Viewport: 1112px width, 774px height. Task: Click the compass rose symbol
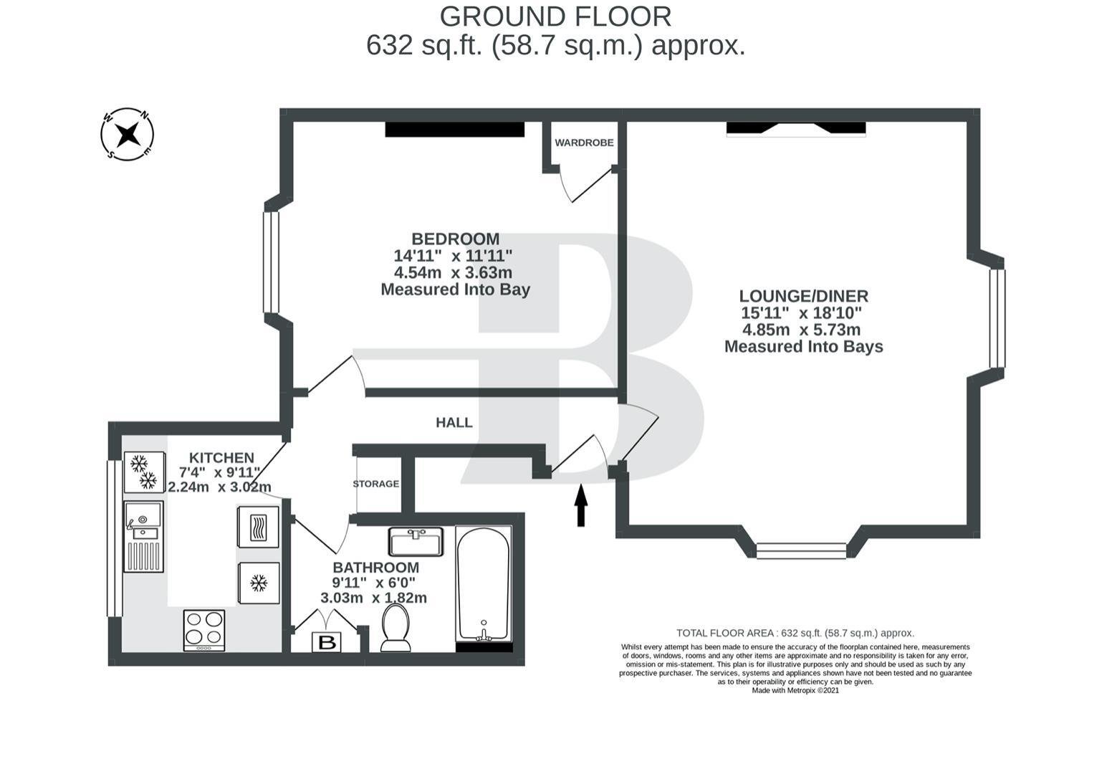(127, 134)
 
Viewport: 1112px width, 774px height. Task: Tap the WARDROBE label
(584, 143)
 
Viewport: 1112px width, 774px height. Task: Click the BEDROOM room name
(455, 239)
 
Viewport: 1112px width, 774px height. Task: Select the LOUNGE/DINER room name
(804, 296)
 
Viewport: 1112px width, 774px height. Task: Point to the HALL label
(454, 423)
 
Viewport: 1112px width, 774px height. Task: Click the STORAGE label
(375, 484)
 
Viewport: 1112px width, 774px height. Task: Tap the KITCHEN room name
(222, 457)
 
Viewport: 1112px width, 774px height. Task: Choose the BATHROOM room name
(375, 567)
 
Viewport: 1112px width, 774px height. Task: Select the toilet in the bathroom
(396, 627)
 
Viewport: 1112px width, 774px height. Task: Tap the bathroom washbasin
(416, 541)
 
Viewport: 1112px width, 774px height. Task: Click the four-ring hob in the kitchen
(204, 630)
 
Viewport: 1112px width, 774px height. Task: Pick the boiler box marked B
(327, 642)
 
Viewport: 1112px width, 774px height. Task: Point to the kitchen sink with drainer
(143, 536)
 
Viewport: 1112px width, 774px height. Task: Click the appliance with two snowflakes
(144, 472)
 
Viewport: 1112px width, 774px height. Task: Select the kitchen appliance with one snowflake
(259, 583)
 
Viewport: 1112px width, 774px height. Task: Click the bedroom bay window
(271, 262)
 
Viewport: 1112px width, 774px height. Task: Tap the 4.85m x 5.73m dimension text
(801, 330)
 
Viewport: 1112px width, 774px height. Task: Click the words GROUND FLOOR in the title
(555, 17)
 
